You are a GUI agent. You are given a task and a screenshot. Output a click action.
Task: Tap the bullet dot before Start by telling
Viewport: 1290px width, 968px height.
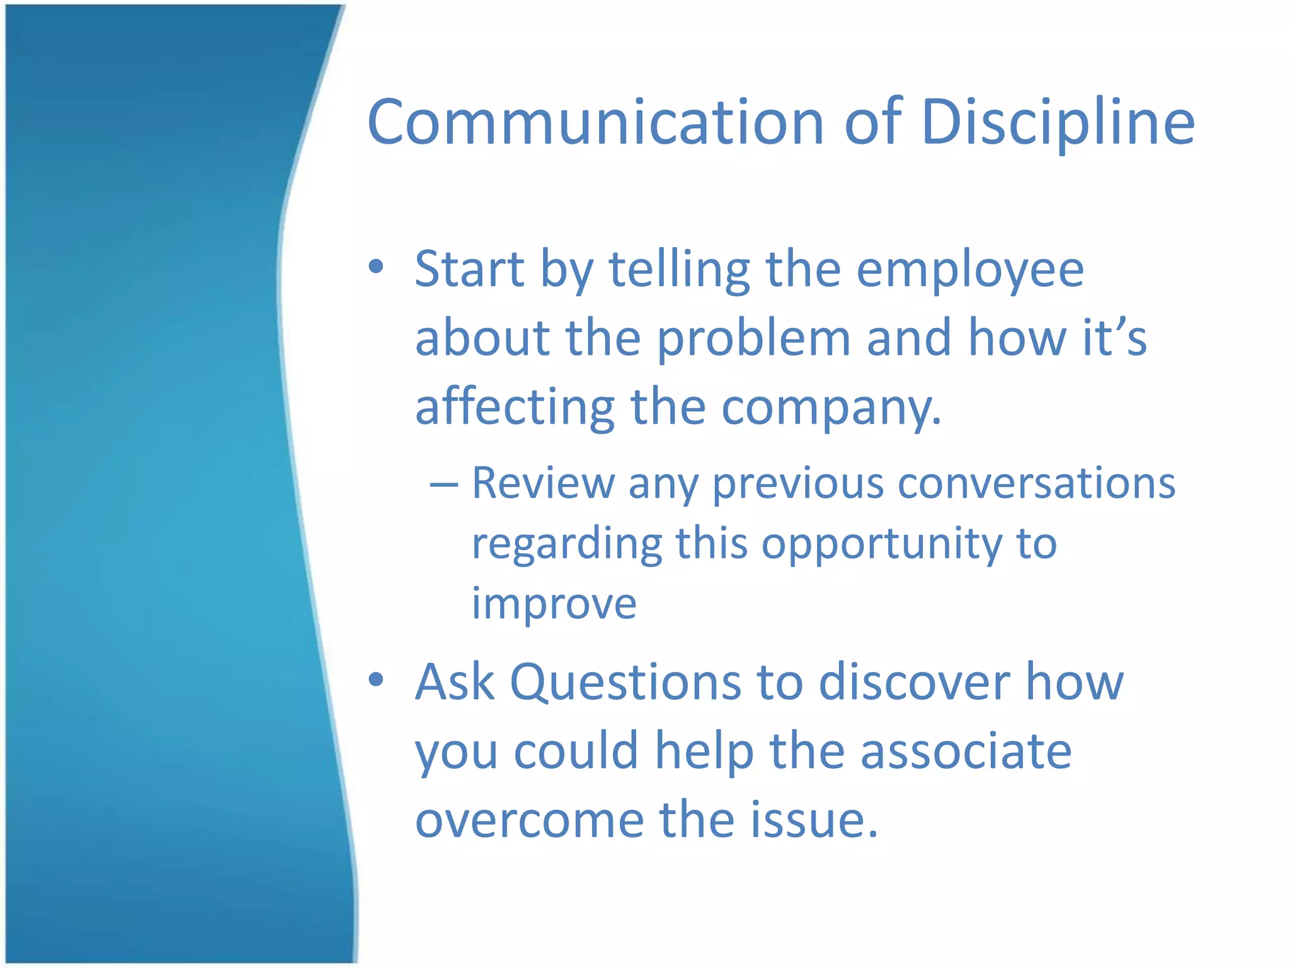pos(376,267)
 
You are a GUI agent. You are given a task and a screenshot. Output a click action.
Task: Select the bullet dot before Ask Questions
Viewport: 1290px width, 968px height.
pos(376,679)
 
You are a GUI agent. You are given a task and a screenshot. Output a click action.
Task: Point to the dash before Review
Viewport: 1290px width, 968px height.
pos(443,485)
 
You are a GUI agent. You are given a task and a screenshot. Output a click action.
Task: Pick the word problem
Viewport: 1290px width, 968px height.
pos(753,338)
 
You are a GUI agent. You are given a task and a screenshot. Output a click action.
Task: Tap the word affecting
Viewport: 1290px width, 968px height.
pos(515,408)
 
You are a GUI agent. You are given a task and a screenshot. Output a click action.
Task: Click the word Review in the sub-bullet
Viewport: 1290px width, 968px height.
pos(543,484)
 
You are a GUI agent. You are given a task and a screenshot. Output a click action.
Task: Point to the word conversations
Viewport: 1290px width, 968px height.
pos(1036,484)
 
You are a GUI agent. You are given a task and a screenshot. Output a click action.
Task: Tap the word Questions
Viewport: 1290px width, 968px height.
pos(625,683)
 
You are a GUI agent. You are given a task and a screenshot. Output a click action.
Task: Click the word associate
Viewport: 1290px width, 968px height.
pos(966,751)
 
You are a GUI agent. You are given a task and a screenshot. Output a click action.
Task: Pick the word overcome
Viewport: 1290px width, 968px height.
pos(529,821)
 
